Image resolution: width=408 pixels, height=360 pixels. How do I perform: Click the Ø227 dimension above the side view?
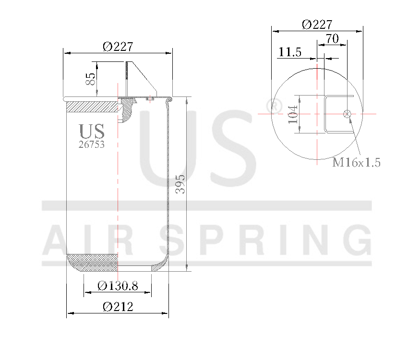pyautogui.click(x=118, y=47)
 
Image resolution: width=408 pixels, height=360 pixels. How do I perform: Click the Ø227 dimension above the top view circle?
pyautogui.click(x=317, y=24)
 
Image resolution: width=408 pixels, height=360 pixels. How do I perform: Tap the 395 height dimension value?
pyautogui.click(x=180, y=184)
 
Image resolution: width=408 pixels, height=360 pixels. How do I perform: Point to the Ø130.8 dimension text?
pyautogui.click(x=118, y=287)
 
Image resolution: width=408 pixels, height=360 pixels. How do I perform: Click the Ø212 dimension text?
pyautogui.click(x=118, y=307)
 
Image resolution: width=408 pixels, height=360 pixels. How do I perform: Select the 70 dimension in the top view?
pyautogui.click(x=332, y=38)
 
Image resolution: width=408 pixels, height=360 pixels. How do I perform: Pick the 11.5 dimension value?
pyautogui.click(x=289, y=53)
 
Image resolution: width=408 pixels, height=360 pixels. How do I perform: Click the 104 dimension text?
pyautogui.click(x=293, y=114)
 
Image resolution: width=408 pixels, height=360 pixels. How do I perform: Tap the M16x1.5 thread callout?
pyautogui.click(x=357, y=163)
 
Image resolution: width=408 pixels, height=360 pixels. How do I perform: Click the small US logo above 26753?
pyautogui.click(x=91, y=131)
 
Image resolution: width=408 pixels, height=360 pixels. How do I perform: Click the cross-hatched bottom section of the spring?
pyautogui.click(x=92, y=263)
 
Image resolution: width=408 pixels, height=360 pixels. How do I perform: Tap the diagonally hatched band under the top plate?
pyautogui.click(x=91, y=106)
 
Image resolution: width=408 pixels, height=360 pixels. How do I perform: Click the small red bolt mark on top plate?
pyautogui.click(x=149, y=99)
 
